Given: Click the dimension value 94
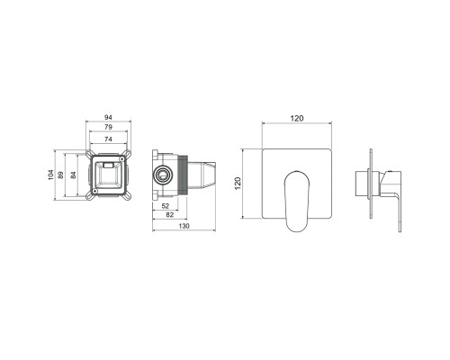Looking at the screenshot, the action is (x=108, y=117).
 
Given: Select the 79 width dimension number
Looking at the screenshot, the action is (x=108, y=127).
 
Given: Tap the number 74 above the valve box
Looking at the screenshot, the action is (x=108, y=139).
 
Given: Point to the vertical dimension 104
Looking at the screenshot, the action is (x=50, y=175).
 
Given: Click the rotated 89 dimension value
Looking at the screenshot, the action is (x=60, y=175).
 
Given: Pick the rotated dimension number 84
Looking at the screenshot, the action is (x=73, y=175).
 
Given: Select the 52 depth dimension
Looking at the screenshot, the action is (x=166, y=206).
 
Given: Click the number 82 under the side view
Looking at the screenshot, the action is (x=170, y=215).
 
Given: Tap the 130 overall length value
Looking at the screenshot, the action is (x=184, y=226).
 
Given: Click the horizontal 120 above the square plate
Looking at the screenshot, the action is (x=297, y=119).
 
